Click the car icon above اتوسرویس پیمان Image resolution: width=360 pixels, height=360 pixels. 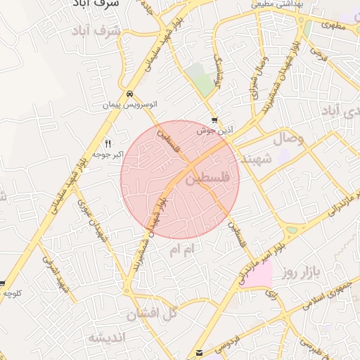click(129, 94)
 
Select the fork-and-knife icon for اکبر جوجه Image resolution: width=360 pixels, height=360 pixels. click(108, 143)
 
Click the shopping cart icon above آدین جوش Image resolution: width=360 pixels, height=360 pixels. click(214, 120)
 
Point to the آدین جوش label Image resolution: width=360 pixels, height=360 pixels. click(214, 131)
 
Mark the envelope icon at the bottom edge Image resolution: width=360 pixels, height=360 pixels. click(200, 353)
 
